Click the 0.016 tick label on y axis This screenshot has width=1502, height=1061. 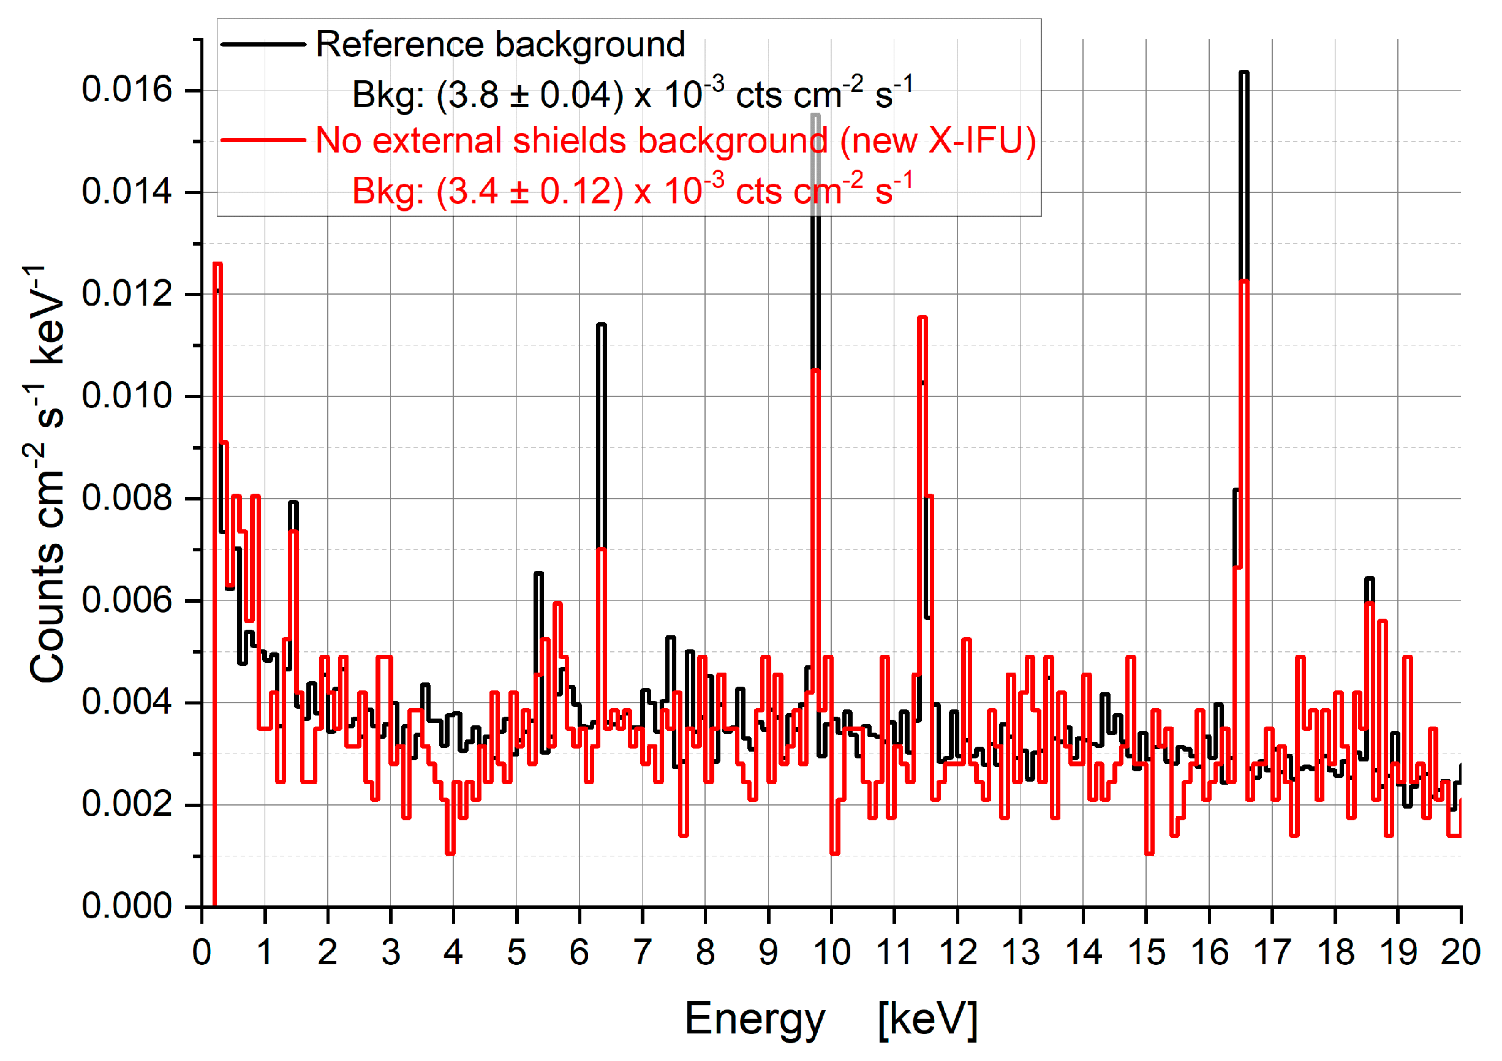[x=126, y=89]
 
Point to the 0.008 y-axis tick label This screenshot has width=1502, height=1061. [x=126, y=498]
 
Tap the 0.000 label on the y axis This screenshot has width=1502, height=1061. [x=126, y=907]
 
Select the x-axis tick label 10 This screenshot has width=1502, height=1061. [x=831, y=953]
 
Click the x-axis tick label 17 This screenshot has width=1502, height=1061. [x=1272, y=953]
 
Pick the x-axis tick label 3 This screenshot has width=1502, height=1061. [x=391, y=953]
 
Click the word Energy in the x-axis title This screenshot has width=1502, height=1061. [x=755, y=1019]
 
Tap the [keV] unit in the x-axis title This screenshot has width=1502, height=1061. [x=927, y=1019]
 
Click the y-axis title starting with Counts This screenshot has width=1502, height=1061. [x=47, y=474]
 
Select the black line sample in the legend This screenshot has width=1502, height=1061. [x=263, y=45]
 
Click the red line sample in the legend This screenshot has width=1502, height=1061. [x=263, y=140]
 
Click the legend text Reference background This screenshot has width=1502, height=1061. [x=500, y=45]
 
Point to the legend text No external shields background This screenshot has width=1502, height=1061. [x=569, y=141]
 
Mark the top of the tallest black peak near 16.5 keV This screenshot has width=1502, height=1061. [x=1243, y=73]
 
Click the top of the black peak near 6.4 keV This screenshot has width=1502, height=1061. [x=601, y=325]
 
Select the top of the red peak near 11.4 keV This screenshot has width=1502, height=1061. [x=923, y=318]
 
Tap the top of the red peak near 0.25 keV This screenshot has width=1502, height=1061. [x=218, y=264]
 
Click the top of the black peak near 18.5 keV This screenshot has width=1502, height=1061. [x=1369, y=578]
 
